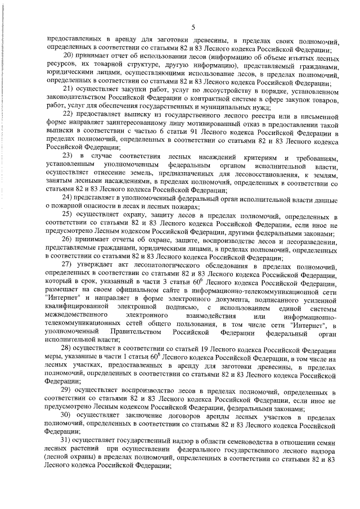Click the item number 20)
pyautogui.click(x=69, y=56)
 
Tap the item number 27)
pyautogui.click(x=69, y=264)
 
